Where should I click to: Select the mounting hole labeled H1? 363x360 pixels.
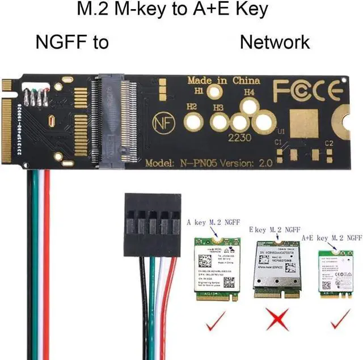point(215,92)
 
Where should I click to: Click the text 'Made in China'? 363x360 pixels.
point(223,80)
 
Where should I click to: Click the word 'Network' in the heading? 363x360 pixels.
point(275,42)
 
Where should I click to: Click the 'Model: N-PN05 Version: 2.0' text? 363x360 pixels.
point(209,162)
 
